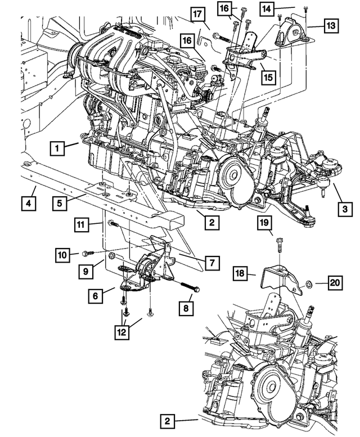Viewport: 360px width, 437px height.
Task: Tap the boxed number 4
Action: coord(28,202)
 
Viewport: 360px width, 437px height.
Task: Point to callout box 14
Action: coord(266,8)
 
